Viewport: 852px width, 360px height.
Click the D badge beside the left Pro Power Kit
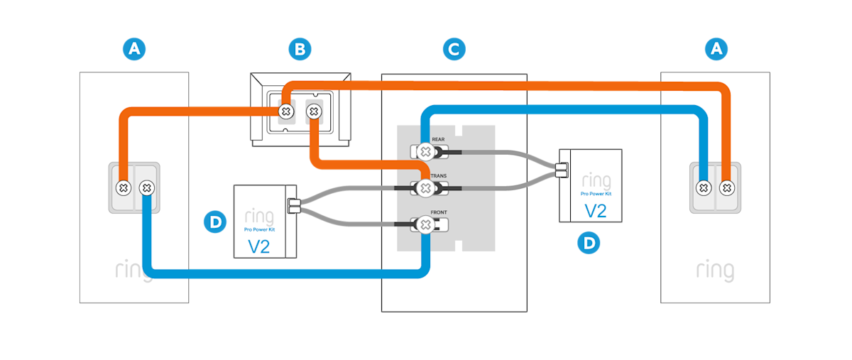(x=214, y=222)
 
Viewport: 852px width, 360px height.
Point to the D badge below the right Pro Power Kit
(x=589, y=243)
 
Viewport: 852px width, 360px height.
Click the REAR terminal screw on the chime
(x=425, y=151)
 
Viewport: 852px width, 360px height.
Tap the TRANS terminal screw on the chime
(x=425, y=187)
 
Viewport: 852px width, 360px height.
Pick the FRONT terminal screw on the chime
(x=425, y=225)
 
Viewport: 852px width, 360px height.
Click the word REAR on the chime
(x=438, y=140)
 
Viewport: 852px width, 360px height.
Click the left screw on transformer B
(x=285, y=111)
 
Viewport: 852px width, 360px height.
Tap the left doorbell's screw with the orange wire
(x=122, y=188)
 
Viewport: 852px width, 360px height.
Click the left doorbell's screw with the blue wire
(x=146, y=188)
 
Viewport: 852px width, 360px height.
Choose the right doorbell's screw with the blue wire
(x=703, y=188)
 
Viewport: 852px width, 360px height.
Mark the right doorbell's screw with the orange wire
(x=727, y=188)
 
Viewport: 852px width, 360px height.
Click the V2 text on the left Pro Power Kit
(x=260, y=246)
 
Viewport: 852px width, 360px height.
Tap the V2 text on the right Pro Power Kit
(x=595, y=211)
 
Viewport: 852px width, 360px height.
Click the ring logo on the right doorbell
(x=715, y=271)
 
